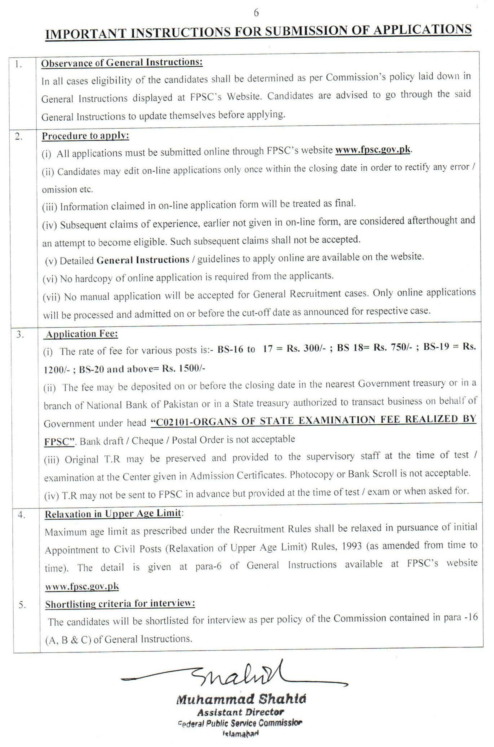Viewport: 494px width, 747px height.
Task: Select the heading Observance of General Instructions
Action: (x=122, y=63)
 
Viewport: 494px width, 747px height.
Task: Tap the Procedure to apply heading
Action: (x=86, y=136)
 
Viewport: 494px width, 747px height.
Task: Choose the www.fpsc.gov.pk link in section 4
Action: (x=82, y=586)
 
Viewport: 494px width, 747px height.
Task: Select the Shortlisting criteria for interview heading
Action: (x=120, y=604)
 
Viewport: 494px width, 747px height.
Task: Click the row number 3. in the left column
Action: (x=20, y=334)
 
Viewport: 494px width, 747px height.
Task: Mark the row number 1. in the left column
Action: (x=19, y=65)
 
